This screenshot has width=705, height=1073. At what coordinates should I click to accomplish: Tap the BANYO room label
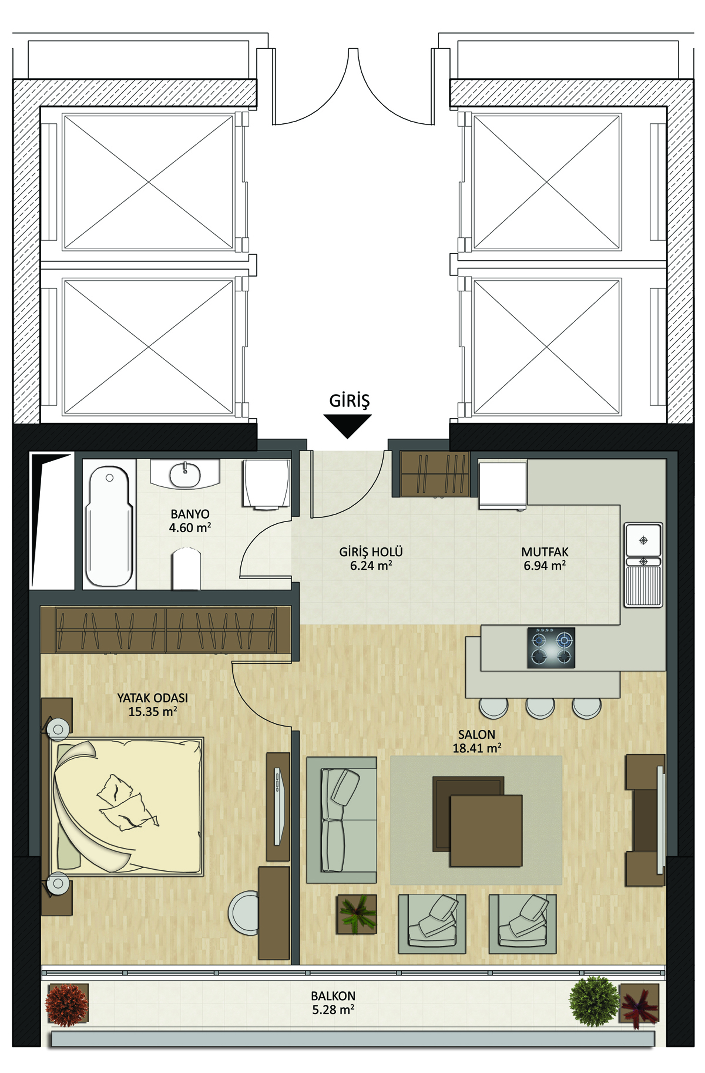tap(190, 514)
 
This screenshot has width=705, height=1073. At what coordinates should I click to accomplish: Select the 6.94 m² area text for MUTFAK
tap(545, 565)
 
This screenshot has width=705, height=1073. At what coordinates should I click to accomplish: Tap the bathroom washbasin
tap(184, 474)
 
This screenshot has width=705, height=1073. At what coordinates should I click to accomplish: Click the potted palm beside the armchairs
tap(357, 914)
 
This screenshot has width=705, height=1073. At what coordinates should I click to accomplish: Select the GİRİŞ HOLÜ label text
tap(371, 552)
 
